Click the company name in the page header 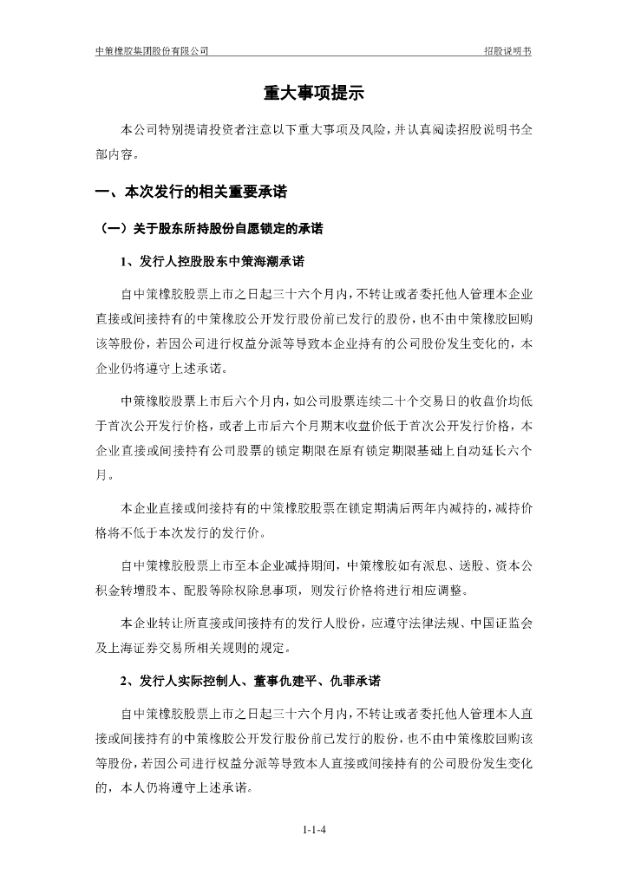click(x=152, y=51)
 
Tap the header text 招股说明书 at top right click(x=507, y=51)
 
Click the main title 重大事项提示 click(x=313, y=94)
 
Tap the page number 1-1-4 click(x=314, y=829)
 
